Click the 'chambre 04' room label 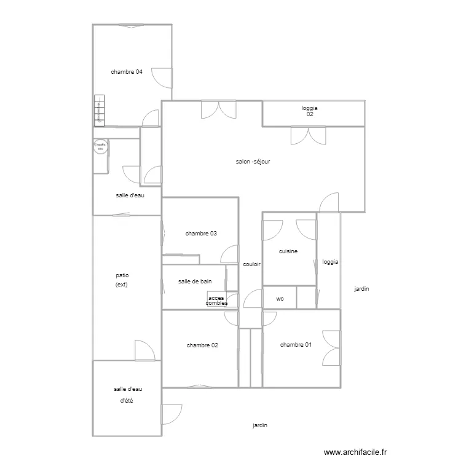pyautogui.click(x=127, y=72)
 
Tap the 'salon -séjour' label pyautogui.click(x=253, y=162)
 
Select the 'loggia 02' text pyautogui.click(x=310, y=111)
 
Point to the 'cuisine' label pyautogui.click(x=288, y=251)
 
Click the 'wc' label pyautogui.click(x=280, y=299)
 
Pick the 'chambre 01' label pyautogui.click(x=296, y=345)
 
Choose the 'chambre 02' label pyautogui.click(x=202, y=345)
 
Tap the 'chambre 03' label pyautogui.click(x=201, y=234)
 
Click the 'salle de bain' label pyautogui.click(x=195, y=282)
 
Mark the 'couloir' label pyautogui.click(x=252, y=265)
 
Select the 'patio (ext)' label pyautogui.click(x=125, y=280)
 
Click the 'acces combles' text pyautogui.click(x=216, y=301)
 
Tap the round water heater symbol pyautogui.click(x=100, y=146)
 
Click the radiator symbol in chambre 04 pyautogui.click(x=98, y=111)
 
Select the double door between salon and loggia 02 pyautogui.click(x=307, y=135)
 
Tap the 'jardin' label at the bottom pyautogui.click(x=260, y=425)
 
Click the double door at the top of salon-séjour pyautogui.click(x=218, y=109)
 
